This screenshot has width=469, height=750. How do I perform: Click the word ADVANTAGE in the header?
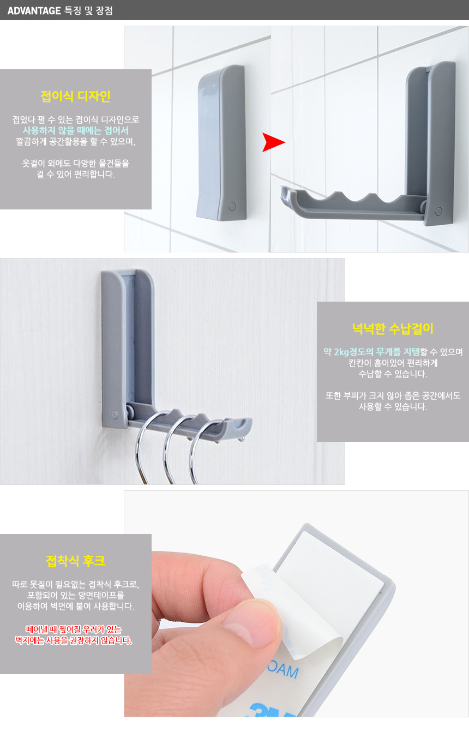(x=34, y=11)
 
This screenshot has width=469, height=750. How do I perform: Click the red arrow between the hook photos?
(x=273, y=142)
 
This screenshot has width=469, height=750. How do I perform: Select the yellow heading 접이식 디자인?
(x=75, y=97)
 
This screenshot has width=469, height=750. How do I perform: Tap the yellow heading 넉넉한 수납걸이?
(x=393, y=329)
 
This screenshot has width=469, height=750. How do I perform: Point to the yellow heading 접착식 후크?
(x=76, y=561)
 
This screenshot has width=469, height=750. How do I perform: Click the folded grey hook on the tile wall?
(x=221, y=142)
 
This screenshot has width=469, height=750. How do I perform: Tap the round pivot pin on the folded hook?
(x=232, y=206)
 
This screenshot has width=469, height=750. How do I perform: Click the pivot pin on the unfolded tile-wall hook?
(x=438, y=211)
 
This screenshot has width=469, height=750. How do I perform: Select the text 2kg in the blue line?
(x=341, y=352)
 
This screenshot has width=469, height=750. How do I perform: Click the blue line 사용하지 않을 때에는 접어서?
(x=76, y=130)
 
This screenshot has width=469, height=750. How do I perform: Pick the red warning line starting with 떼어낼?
(x=74, y=629)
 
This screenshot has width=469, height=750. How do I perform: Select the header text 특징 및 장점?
(x=88, y=11)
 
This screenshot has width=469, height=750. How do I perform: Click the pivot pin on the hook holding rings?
(x=115, y=415)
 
